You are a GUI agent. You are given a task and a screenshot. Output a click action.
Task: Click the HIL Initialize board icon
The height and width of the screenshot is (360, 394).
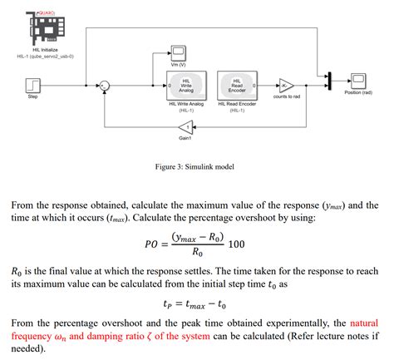click(42, 29)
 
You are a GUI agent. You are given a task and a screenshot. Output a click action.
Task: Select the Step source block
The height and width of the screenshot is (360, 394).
click(33, 84)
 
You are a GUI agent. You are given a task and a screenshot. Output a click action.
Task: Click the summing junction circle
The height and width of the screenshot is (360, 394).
click(105, 85)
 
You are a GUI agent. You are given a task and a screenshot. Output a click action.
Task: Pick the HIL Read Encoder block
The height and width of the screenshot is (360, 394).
click(237, 85)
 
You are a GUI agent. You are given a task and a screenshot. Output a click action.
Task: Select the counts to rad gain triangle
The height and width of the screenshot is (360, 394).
click(286, 85)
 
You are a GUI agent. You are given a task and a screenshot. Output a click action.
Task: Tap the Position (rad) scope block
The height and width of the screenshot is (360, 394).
click(358, 80)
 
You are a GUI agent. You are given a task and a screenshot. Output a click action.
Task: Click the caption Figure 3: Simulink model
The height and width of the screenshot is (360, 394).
click(195, 166)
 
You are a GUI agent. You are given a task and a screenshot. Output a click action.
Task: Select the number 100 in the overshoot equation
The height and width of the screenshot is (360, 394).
click(237, 244)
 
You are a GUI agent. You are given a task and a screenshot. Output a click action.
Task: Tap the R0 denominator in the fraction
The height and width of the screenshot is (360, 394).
click(195, 253)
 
